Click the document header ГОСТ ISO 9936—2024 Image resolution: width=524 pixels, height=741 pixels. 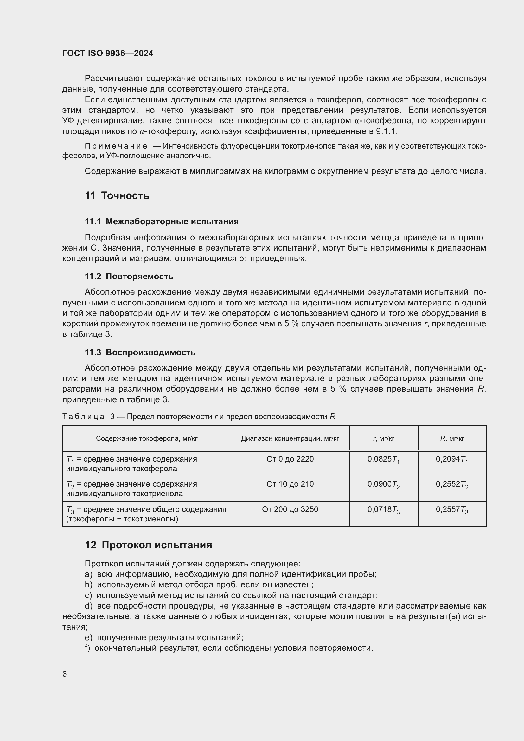(108, 53)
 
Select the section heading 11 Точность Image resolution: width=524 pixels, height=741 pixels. (117, 195)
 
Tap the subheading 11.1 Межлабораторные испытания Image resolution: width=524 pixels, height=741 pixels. (162, 221)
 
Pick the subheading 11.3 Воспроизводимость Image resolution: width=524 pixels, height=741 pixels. (140, 352)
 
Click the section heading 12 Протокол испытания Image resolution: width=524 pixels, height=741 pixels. (148, 545)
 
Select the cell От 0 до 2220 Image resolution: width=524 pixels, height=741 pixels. (290, 459)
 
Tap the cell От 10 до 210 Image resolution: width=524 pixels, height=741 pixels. (290, 484)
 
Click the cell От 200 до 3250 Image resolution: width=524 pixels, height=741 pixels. (290, 509)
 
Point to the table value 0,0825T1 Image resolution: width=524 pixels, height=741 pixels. (383, 460)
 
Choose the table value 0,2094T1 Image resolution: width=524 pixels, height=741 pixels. (452, 460)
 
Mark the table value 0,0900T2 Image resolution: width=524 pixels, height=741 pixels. (383, 484)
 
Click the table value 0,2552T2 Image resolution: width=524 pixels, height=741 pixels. (452, 484)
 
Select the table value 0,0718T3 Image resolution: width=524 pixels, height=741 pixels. (383, 510)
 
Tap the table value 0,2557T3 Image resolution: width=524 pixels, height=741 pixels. (452, 510)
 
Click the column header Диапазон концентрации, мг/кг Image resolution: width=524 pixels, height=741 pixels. (290, 438)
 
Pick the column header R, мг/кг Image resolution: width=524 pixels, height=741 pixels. (452, 438)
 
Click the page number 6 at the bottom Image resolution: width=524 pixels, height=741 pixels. (65, 674)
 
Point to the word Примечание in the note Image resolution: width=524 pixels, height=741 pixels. (116, 146)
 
